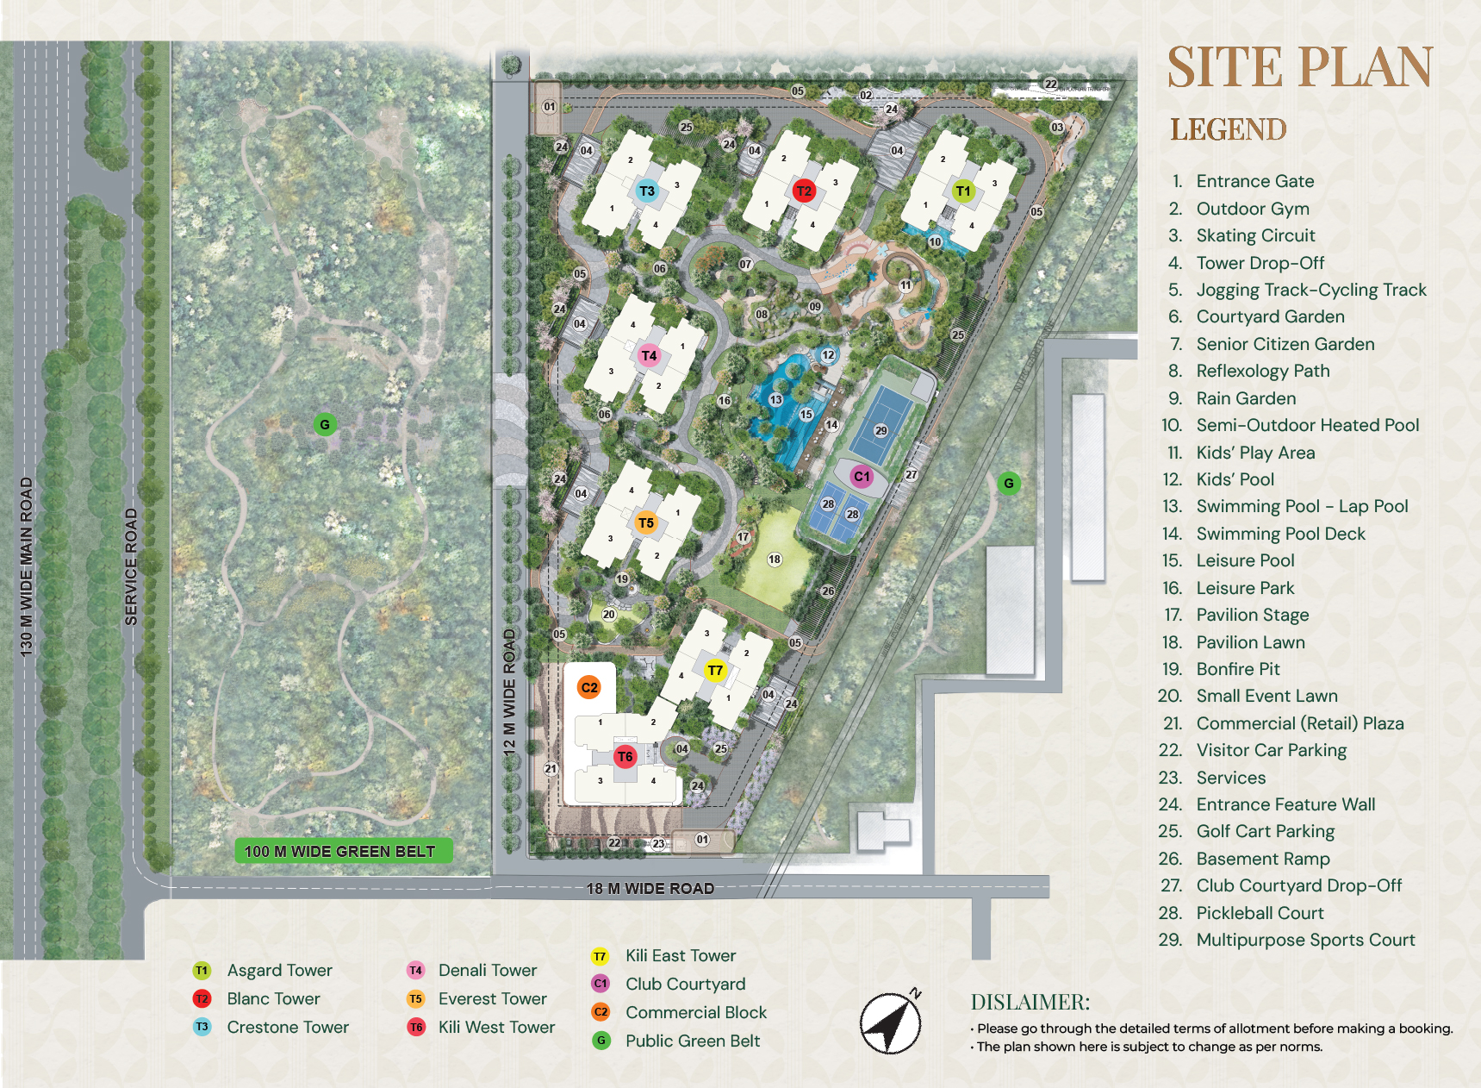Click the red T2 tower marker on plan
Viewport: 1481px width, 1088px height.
[804, 191]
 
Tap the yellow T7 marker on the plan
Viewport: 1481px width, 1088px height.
[715, 671]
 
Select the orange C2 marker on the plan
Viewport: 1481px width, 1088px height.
[589, 687]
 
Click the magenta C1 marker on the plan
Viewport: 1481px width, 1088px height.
[862, 476]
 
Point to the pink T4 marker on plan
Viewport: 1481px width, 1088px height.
[649, 355]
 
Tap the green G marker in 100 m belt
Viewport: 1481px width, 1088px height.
[325, 424]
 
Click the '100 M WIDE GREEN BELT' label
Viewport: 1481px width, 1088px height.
[340, 851]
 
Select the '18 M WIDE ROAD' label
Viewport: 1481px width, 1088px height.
[650, 888]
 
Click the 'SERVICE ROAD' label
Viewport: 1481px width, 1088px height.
[131, 566]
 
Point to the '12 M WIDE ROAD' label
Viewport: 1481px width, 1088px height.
[509, 692]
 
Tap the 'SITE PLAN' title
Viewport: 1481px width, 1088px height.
[1299, 68]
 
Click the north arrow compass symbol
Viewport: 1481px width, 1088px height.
[891, 1023]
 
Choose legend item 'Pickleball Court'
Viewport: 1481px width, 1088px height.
[1260, 913]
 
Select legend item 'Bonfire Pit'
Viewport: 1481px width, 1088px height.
[1237, 669]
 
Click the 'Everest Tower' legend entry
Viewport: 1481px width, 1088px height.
[492, 998]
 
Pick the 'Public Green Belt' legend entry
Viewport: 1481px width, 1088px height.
[692, 1041]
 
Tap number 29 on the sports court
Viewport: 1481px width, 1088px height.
[881, 430]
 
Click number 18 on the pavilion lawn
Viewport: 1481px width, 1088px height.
[775, 560]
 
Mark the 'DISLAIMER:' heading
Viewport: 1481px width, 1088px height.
[1030, 1002]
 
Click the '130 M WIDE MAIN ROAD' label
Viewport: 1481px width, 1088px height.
[27, 566]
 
